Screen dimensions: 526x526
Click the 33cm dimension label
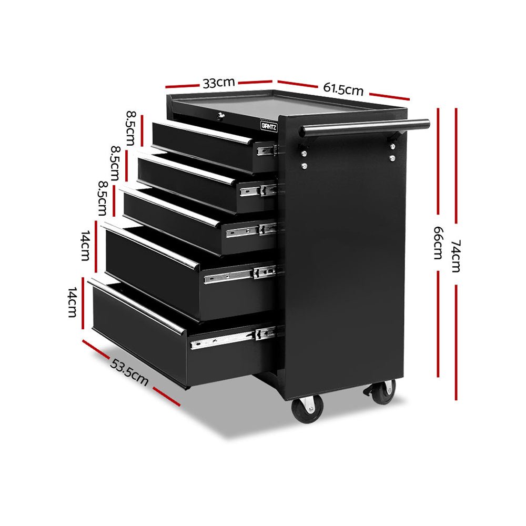point(218,83)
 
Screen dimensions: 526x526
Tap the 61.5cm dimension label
point(343,88)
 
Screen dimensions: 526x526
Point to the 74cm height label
point(456,256)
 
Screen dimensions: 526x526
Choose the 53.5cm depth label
point(129,371)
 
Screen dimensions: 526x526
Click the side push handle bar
point(365,127)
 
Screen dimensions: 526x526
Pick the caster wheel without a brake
point(308,408)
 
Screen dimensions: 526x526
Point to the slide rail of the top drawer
point(267,150)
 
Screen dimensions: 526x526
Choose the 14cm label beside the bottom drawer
point(72,302)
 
